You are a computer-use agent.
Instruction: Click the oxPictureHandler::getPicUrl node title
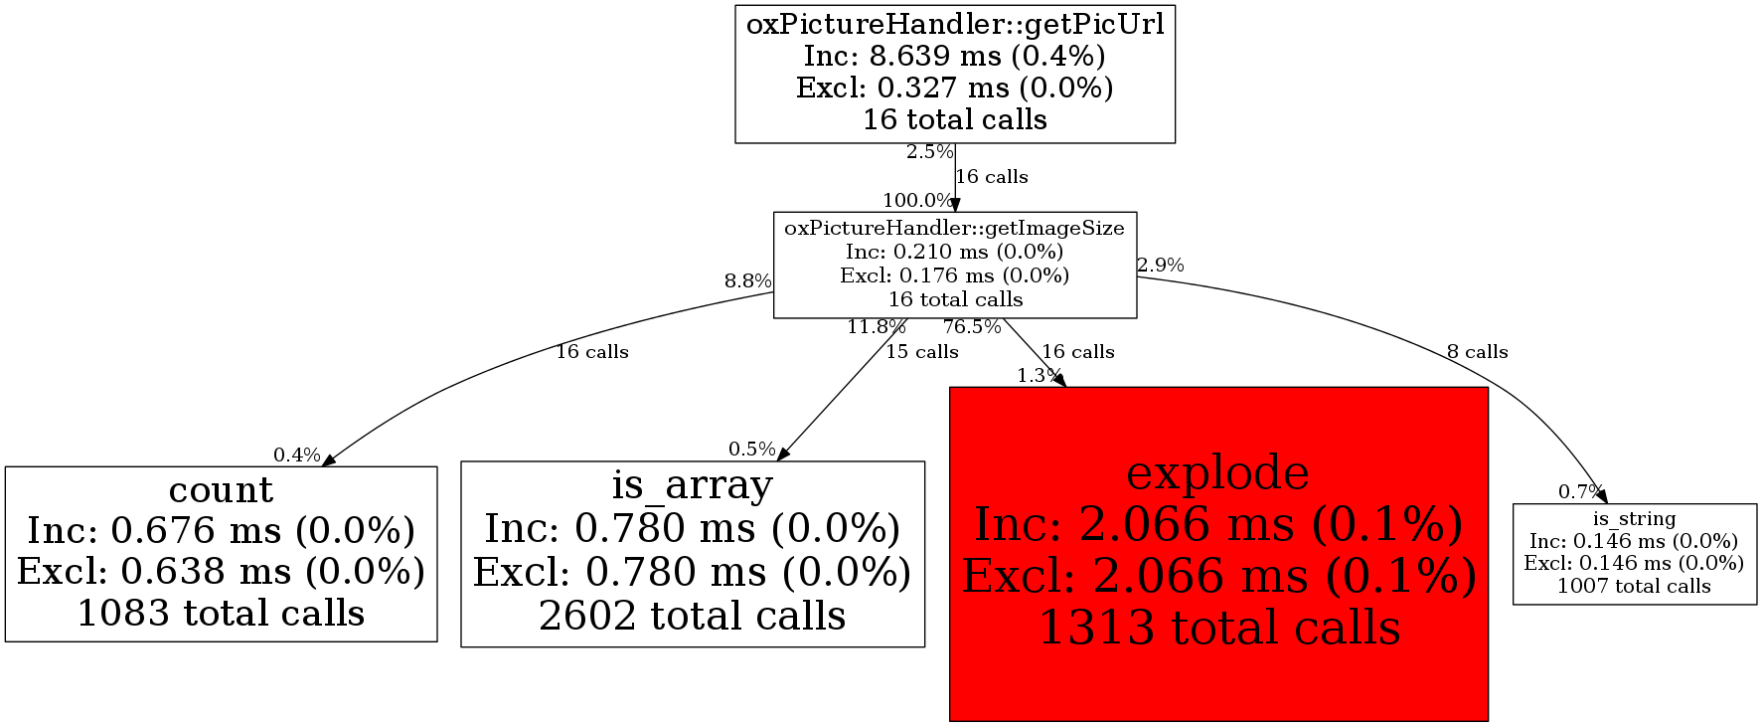pos(955,24)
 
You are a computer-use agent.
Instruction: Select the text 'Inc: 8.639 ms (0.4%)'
pos(955,56)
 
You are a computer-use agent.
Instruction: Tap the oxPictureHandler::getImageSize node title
pos(955,228)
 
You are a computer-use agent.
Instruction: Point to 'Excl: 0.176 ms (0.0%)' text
pos(955,275)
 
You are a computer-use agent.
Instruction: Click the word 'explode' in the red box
pos(1218,472)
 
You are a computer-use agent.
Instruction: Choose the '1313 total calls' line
pos(1219,628)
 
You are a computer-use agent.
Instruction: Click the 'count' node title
pos(221,489)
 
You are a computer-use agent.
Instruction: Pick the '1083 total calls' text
pos(221,614)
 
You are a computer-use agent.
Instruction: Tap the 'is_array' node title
pos(693,485)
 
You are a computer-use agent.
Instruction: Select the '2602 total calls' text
pos(693,617)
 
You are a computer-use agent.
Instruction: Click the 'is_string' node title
pos(1634,518)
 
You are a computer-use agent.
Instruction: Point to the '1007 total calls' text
pos(1634,586)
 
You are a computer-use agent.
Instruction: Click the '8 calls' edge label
pos(1477,352)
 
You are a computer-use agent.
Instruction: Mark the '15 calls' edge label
pos(922,352)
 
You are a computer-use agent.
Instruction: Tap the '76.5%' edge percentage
pos(972,326)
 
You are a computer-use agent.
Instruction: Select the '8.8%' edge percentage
pos(748,280)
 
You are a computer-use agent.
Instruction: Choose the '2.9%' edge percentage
pos(1161,266)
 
